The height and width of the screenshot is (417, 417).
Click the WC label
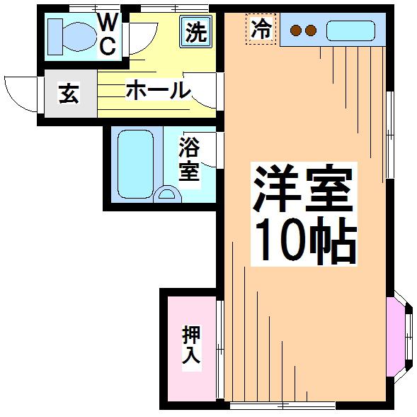[x=107, y=35]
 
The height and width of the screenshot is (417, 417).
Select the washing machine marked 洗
[x=195, y=32]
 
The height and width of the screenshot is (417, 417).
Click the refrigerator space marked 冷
[x=261, y=29]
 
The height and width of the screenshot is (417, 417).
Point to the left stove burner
[x=296, y=30]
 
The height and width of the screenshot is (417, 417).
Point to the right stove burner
[x=310, y=30]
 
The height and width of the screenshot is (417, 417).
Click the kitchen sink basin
[x=350, y=30]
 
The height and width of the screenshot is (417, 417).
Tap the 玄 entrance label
[x=69, y=94]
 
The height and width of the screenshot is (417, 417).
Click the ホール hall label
[x=159, y=90]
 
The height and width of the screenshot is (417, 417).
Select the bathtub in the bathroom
[x=136, y=164]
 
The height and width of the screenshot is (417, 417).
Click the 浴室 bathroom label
[x=189, y=159]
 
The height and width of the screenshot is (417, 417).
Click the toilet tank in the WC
[x=55, y=37]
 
